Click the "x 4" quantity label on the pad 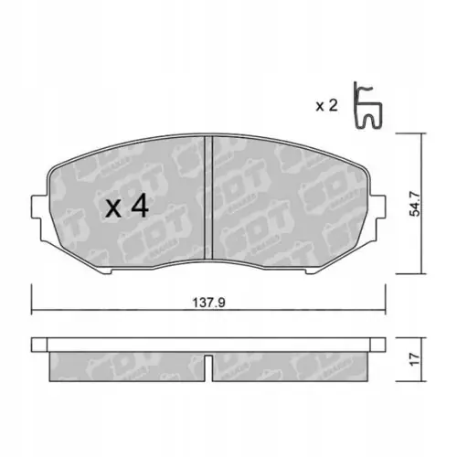click(x=127, y=207)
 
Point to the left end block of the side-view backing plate click(x=38, y=345)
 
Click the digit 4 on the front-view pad click(x=139, y=207)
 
